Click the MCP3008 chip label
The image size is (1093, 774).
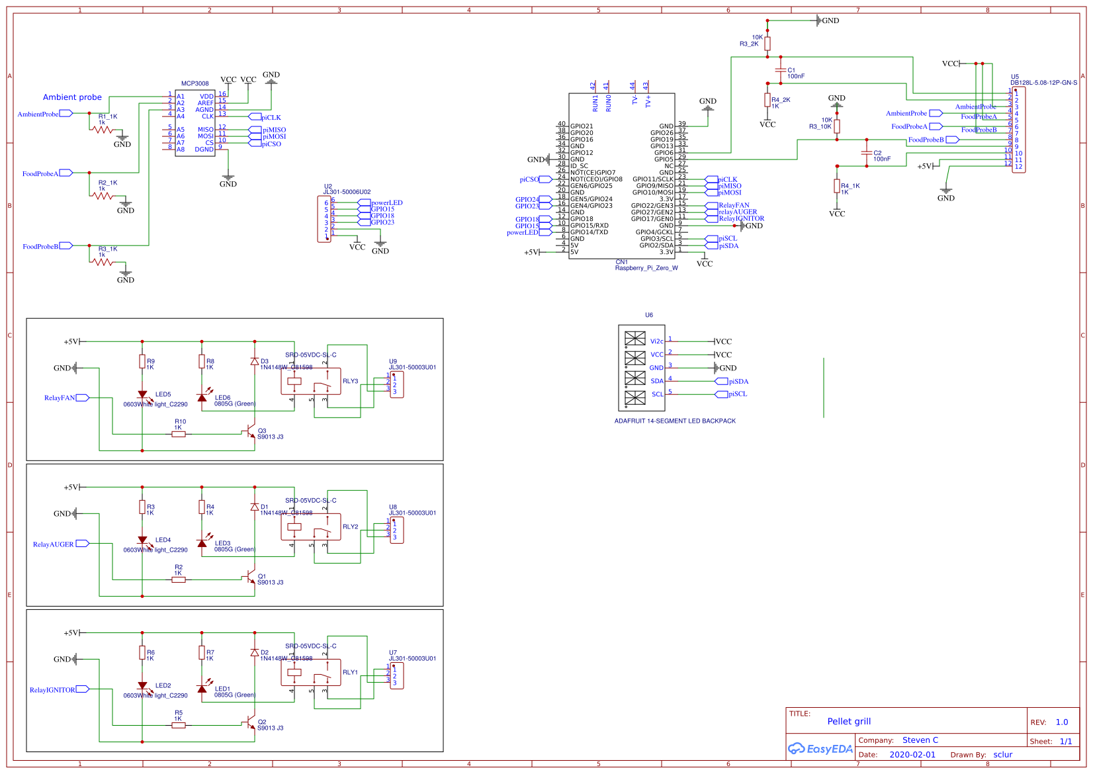pos(195,83)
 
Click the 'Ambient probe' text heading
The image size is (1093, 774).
pos(72,97)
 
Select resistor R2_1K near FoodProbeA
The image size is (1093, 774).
pos(103,196)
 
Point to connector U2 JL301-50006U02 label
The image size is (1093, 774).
pos(347,192)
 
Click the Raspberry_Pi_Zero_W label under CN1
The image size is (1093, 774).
pos(646,268)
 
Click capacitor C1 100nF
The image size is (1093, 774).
pos(781,71)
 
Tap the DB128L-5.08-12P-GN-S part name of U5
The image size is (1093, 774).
pos(1043,83)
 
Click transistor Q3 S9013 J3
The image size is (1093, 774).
pos(251,433)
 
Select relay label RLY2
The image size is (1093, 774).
pos(350,527)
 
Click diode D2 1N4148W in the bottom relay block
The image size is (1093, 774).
pos(255,652)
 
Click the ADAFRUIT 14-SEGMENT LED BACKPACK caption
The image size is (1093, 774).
pos(674,421)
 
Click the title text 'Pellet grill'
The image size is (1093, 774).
pos(848,721)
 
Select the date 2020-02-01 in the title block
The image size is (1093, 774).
pos(912,754)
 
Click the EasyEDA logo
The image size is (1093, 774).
pos(820,749)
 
